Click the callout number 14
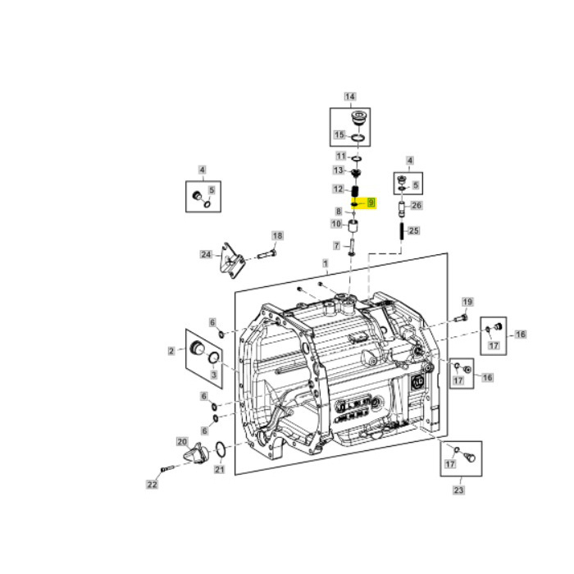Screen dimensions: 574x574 pyautogui.click(x=350, y=97)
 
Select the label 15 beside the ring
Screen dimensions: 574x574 pyautogui.click(x=339, y=134)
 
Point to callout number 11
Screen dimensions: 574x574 pyautogui.click(x=339, y=156)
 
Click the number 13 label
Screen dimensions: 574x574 pyautogui.click(x=338, y=170)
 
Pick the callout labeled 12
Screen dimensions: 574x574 pyautogui.click(x=338, y=189)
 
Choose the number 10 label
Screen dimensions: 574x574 pyautogui.click(x=336, y=224)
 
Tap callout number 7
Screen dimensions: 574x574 pyautogui.click(x=336, y=245)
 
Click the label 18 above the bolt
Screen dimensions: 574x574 pyautogui.click(x=277, y=235)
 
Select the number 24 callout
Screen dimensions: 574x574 pyautogui.click(x=206, y=254)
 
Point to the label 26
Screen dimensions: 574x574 pyautogui.click(x=416, y=205)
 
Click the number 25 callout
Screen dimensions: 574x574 pyautogui.click(x=414, y=230)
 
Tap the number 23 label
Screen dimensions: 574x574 pyautogui.click(x=458, y=491)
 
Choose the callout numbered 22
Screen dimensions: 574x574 pyautogui.click(x=152, y=485)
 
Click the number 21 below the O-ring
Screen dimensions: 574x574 pyautogui.click(x=219, y=470)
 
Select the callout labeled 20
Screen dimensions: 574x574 pyautogui.click(x=182, y=441)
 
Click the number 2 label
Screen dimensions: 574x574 pyautogui.click(x=171, y=351)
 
